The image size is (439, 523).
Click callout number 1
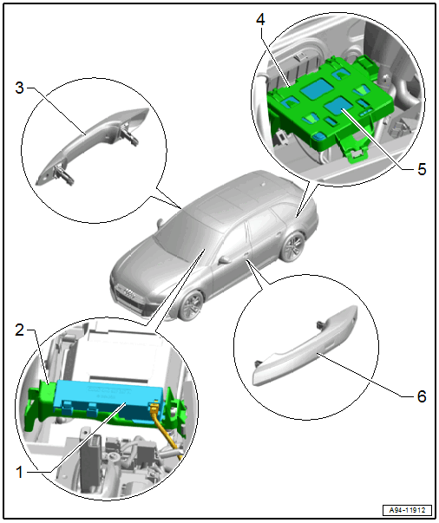[20, 472]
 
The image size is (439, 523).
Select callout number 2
[20, 330]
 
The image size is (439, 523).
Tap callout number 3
[20, 88]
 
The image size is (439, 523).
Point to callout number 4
[260, 20]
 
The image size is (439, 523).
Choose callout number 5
[422, 169]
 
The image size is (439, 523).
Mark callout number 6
[422, 396]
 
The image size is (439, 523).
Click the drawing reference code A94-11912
[407, 510]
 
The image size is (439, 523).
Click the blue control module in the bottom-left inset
[108, 399]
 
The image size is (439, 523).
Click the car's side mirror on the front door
[224, 259]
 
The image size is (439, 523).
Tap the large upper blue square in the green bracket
[318, 88]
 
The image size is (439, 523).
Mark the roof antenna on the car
[264, 183]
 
